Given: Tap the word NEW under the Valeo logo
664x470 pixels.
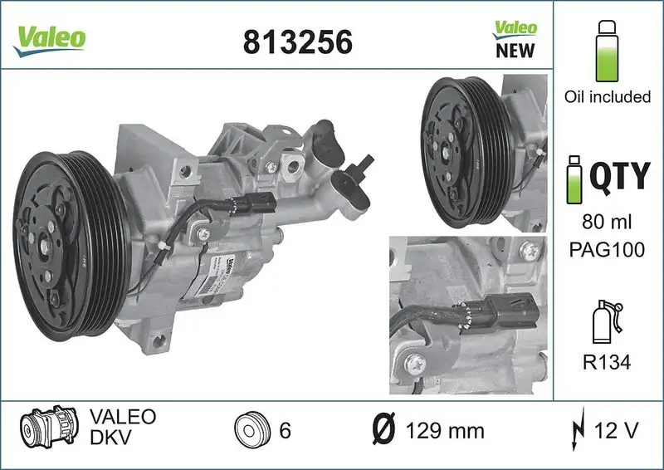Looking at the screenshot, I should pyautogui.click(x=515, y=50).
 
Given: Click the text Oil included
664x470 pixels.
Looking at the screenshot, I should pyautogui.click(x=607, y=97).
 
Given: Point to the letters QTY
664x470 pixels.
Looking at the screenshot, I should pyautogui.click(x=619, y=175).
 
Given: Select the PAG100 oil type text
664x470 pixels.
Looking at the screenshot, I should pyautogui.click(x=607, y=250).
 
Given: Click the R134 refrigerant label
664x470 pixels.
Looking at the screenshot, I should pyautogui.click(x=607, y=364).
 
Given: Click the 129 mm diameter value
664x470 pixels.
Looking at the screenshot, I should pyautogui.click(x=444, y=432).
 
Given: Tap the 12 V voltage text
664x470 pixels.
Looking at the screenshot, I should pyautogui.click(x=617, y=432).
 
